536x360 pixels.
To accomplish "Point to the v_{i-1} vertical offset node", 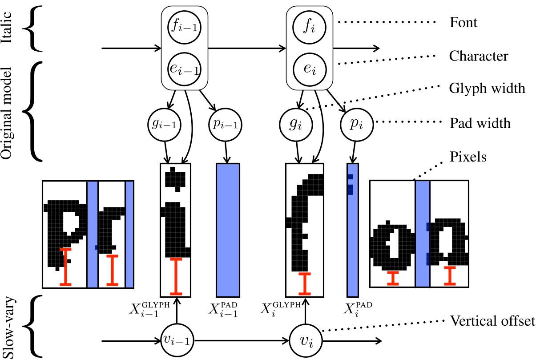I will coord(177,342).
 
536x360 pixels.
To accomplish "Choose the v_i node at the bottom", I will coord(306,342).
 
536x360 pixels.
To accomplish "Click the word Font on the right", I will coord(463,23).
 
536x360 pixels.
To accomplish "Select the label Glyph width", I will coord(487,89).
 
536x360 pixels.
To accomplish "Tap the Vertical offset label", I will coord(492,321).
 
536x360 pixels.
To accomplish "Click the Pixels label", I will coord(468,157).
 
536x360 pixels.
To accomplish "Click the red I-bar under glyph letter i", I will coord(177,276).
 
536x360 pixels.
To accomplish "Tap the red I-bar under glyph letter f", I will coord(305,283).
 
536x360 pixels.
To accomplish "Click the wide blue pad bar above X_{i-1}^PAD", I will coord(228,230).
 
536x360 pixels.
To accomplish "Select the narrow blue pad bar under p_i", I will coord(352,230).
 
